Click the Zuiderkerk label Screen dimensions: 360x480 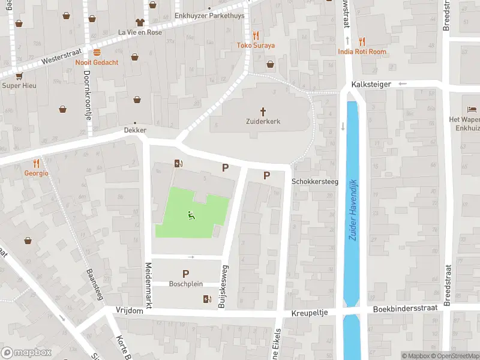pyautogui.click(x=263, y=121)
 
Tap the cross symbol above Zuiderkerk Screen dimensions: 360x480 pyautogui.click(x=263, y=111)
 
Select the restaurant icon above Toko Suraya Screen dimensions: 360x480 pyautogui.click(x=256, y=35)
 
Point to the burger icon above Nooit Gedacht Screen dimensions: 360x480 pyautogui.click(x=97, y=52)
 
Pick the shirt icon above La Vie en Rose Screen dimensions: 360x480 pyautogui.click(x=140, y=22)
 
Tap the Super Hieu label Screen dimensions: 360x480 pyautogui.click(x=19, y=85)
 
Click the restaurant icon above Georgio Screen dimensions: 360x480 pyautogui.click(x=36, y=163)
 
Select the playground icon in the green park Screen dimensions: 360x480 pyautogui.click(x=191, y=216)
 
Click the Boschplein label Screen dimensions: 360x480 pyautogui.click(x=185, y=284)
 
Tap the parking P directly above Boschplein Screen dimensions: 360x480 pyautogui.click(x=185, y=274)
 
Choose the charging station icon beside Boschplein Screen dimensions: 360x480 pyautogui.click(x=208, y=299)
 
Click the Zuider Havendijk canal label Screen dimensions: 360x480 pyautogui.click(x=352, y=210)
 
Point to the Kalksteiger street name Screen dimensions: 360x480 pyautogui.click(x=371, y=85)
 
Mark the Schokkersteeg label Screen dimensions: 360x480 pyautogui.click(x=315, y=181)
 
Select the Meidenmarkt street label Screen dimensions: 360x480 pyautogui.click(x=148, y=286)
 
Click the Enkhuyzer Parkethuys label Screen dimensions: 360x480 pyautogui.click(x=209, y=16)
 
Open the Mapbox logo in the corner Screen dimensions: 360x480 pyautogui.click(x=26, y=353)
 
